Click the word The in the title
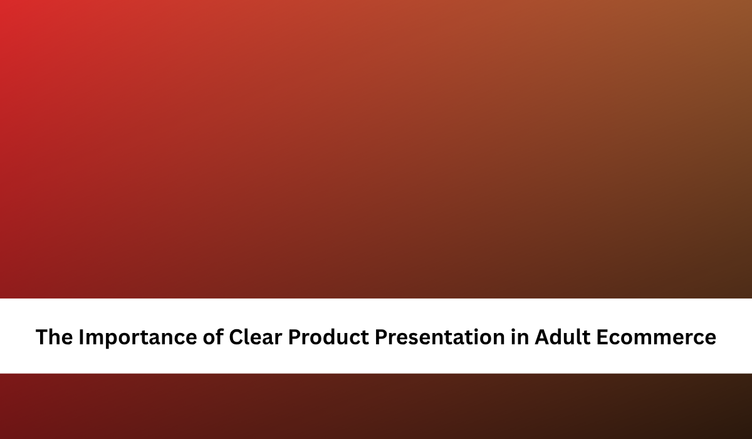54,337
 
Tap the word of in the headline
213,336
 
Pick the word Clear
255,336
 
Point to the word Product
328,336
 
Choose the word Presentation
440,337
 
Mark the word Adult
562,336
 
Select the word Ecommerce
656,337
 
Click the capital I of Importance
81,337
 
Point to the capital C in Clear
236,337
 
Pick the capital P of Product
295,337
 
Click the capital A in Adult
543,337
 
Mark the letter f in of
219,336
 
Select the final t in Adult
587,337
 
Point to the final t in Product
365,337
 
